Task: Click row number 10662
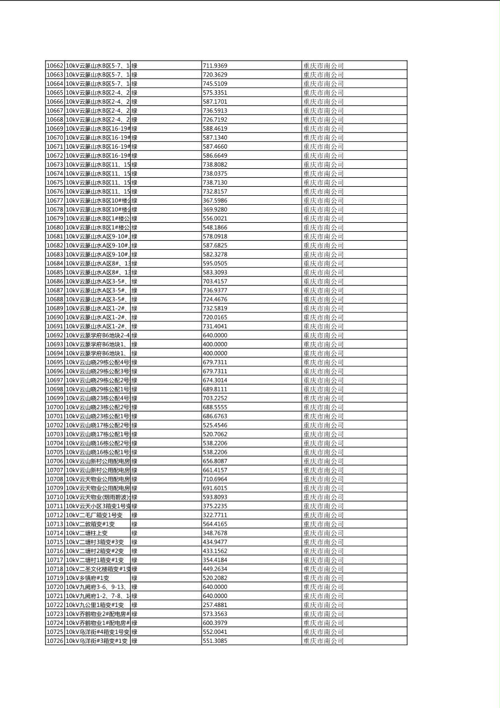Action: [x=54, y=66]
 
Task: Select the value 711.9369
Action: [x=215, y=66]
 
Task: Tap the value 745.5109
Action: [x=215, y=84]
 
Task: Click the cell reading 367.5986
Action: [x=215, y=200]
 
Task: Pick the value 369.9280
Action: [x=215, y=209]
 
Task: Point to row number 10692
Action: [x=54, y=335]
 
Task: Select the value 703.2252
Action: [x=215, y=398]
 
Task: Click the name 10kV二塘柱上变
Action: [x=87, y=533]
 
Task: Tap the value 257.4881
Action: [x=215, y=605]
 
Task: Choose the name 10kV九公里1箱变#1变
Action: [x=95, y=605]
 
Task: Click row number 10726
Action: [x=54, y=641]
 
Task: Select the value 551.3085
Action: [x=215, y=641]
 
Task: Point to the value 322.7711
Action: [x=215, y=515]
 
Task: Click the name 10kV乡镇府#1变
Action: [x=87, y=578]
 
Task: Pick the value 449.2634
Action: [x=215, y=569]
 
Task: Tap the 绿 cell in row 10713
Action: [x=135, y=524]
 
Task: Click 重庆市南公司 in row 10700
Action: [x=323, y=407]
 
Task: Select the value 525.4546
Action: [x=215, y=425]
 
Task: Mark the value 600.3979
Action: [x=215, y=623]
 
